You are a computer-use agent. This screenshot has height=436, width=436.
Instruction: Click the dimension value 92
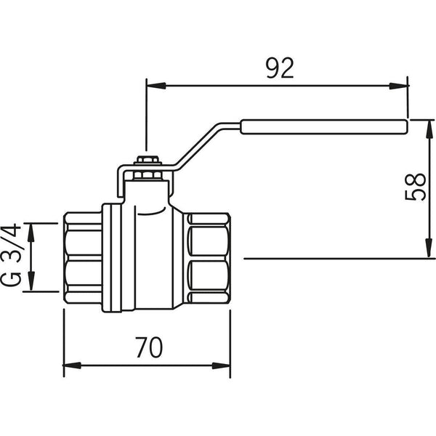279,68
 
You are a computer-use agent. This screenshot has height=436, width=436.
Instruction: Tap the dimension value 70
148,348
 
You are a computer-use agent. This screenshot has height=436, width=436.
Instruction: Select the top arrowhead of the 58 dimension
424,125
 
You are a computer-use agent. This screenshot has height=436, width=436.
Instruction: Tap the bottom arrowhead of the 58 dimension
424,251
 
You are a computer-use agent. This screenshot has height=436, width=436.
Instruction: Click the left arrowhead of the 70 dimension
71,365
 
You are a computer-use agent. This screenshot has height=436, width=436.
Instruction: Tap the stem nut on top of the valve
147,161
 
